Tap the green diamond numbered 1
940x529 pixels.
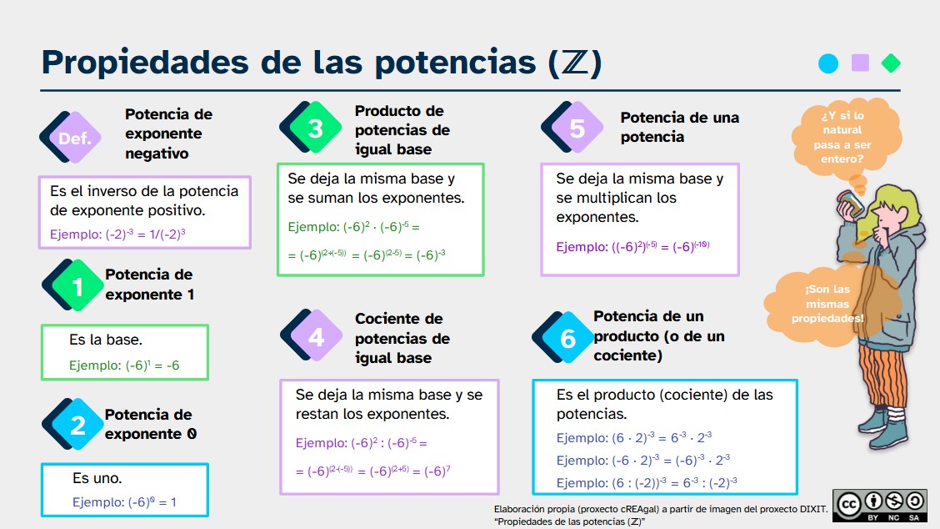click(77, 286)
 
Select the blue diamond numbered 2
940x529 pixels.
click(77, 426)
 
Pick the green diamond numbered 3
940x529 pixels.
click(315, 128)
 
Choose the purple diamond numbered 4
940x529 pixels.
click(316, 336)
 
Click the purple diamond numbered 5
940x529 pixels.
click(577, 128)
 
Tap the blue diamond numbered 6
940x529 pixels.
click(567, 338)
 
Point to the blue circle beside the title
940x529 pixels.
click(828, 63)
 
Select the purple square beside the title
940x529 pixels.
click(860, 63)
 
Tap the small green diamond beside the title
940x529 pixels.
click(891, 63)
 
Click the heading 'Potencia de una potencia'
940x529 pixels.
click(679, 127)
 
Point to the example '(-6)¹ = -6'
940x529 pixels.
click(124, 365)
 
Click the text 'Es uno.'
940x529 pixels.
click(97, 478)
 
